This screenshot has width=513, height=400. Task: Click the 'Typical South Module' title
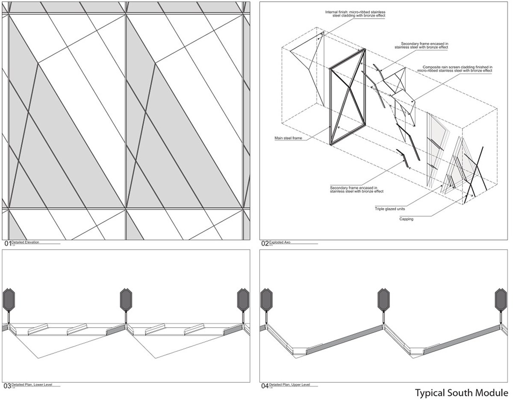(461, 392)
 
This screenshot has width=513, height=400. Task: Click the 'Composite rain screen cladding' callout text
(457, 69)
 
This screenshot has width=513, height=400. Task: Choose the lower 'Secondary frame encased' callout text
(357, 190)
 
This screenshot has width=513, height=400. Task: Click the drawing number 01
(7, 243)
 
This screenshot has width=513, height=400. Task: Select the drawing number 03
(7, 386)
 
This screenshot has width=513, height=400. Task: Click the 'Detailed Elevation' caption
(25, 242)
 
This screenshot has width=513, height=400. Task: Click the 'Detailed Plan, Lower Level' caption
(32, 385)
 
